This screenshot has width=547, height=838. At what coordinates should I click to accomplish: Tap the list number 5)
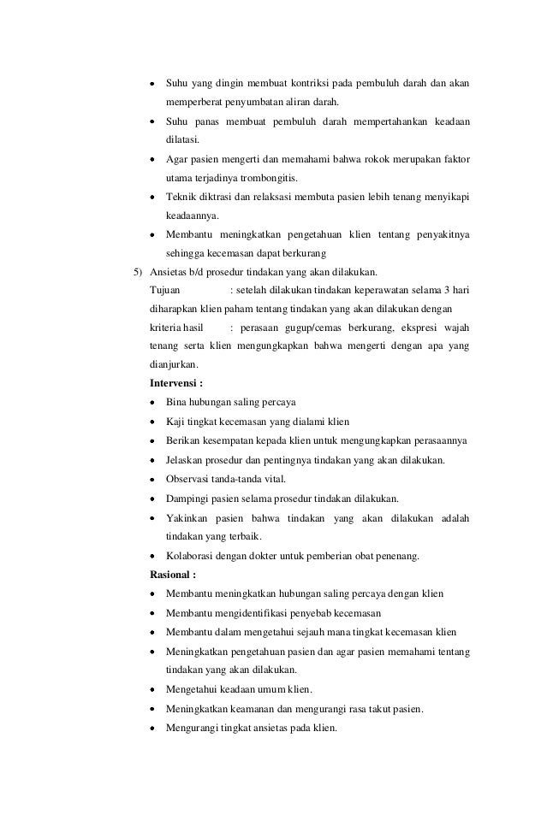click(x=137, y=272)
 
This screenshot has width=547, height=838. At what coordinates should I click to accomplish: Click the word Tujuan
click(x=165, y=291)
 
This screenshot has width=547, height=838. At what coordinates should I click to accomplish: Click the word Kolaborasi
click(x=193, y=556)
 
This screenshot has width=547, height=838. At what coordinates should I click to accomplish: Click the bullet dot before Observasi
click(x=152, y=480)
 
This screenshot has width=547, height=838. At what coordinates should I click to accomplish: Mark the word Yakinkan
click(x=189, y=518)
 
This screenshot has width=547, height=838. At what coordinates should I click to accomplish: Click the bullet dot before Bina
click(x=152, y=403)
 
